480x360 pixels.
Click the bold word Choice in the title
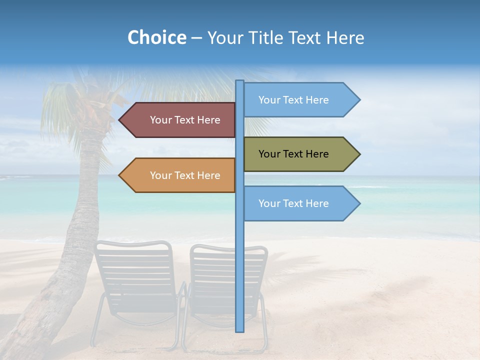pos(156,38)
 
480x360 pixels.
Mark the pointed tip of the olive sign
pos(359,154)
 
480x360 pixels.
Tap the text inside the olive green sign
pos(293,154)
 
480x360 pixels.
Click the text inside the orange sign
pos(185,175)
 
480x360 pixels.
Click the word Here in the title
pos(345,38)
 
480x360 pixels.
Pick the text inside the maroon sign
pos(185,120)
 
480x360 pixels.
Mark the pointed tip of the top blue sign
pos(359,100)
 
